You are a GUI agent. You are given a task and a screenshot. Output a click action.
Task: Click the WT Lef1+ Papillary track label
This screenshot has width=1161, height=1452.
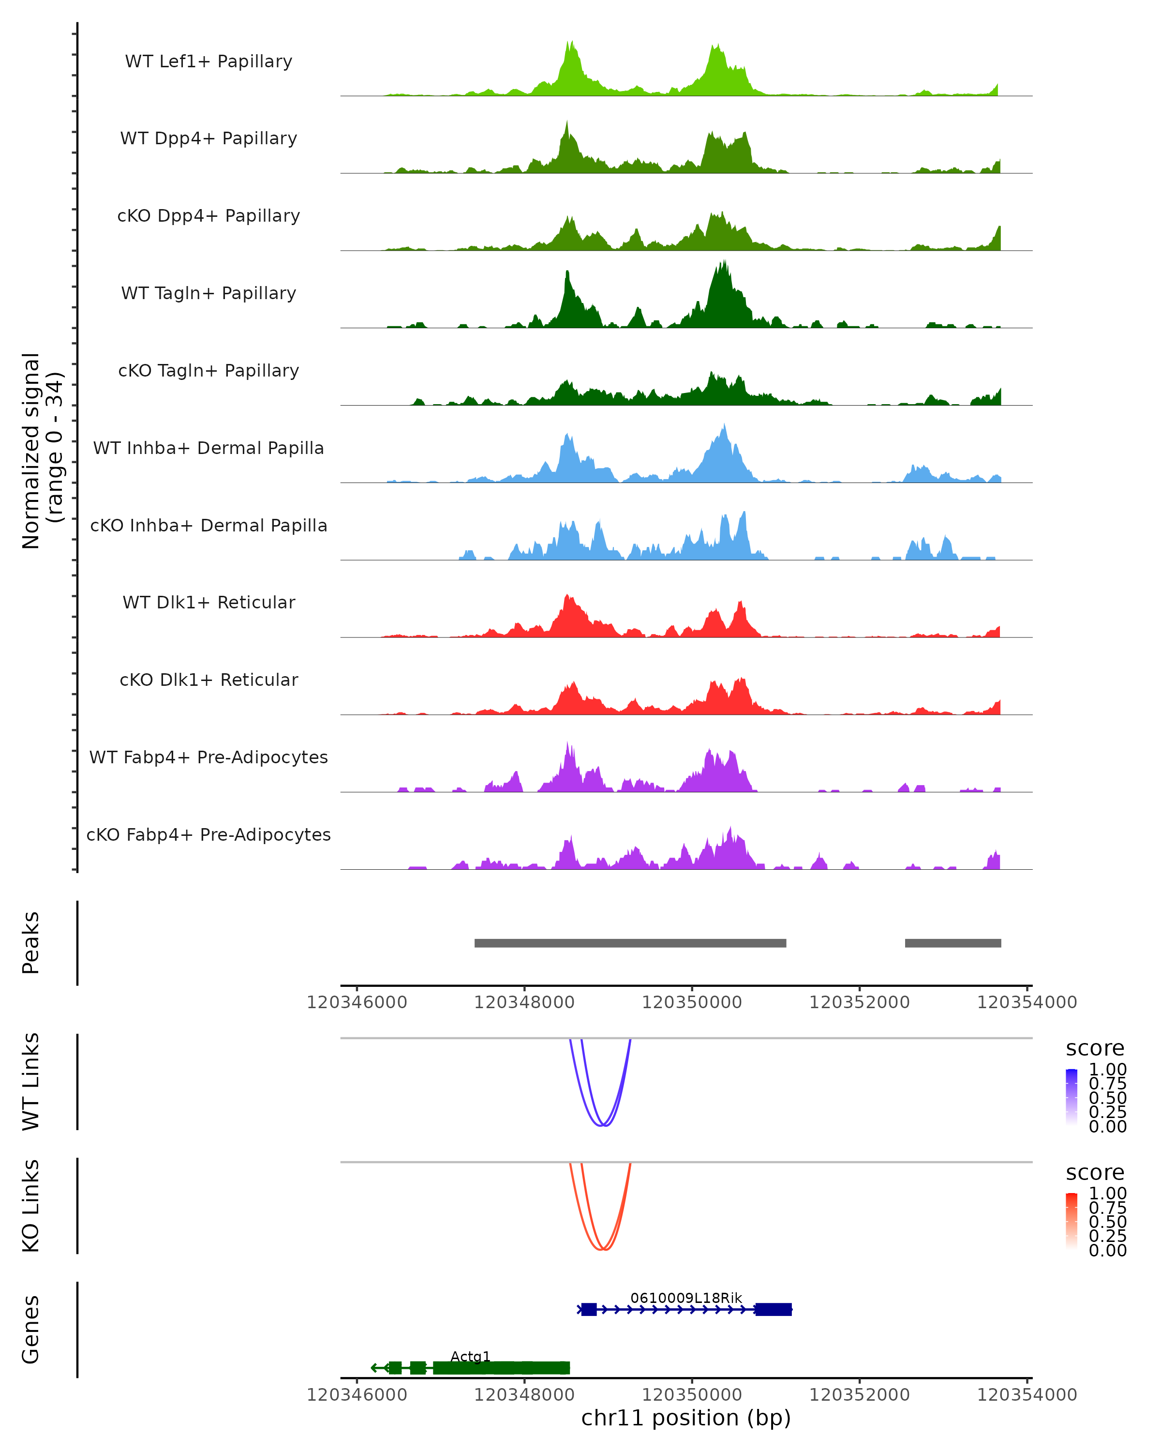point(208,61)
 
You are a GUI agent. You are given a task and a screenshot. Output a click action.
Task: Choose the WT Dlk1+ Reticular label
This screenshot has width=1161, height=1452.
point(208,602)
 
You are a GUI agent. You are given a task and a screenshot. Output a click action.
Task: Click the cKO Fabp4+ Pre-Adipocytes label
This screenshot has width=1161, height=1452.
point(208,834)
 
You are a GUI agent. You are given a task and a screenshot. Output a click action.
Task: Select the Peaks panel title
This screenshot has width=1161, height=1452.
point(31,942)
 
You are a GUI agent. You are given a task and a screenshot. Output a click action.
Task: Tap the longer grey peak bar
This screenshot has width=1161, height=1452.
point(630,943)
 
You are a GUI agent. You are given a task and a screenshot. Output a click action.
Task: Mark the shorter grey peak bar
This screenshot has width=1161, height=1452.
point(953,943)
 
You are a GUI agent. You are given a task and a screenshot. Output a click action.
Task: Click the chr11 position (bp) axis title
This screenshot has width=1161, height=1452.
point(686,1418)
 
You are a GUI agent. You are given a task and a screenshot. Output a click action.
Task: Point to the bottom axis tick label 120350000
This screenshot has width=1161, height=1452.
point(692,1395)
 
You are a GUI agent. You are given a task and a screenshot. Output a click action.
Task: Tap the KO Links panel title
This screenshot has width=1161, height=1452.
point(31,1206)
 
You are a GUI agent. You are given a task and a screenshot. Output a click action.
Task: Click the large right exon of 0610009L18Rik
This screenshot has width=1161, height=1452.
point(773,1309)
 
